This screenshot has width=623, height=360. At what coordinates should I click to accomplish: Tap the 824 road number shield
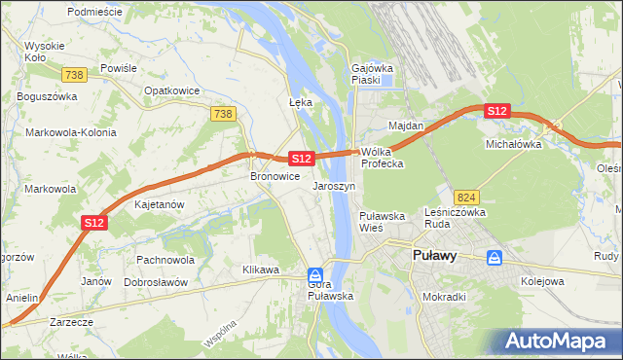(465, 196)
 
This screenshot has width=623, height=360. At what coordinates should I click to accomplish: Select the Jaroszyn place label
(334, 185)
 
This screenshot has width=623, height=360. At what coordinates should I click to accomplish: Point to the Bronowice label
(275, 177)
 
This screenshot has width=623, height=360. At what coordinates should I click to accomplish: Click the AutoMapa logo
(558, 341)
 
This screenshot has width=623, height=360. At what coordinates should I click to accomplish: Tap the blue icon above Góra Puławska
(314, 275)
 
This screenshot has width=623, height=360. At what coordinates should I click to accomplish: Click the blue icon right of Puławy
(495, 258)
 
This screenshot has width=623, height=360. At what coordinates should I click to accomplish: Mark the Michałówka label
(513, 143)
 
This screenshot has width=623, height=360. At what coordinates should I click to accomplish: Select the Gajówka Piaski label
(371, 75)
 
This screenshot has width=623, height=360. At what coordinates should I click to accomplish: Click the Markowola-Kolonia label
(71, 132)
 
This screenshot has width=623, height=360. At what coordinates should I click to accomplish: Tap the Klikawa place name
(262, 270)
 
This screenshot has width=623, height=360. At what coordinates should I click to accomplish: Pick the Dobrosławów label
(156, 281)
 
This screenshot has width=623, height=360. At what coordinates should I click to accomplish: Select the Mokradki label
(444, 297)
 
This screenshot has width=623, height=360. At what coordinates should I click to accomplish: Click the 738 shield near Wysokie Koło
(73, 74)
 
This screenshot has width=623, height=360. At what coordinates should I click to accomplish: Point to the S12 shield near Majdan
(496, 112)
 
